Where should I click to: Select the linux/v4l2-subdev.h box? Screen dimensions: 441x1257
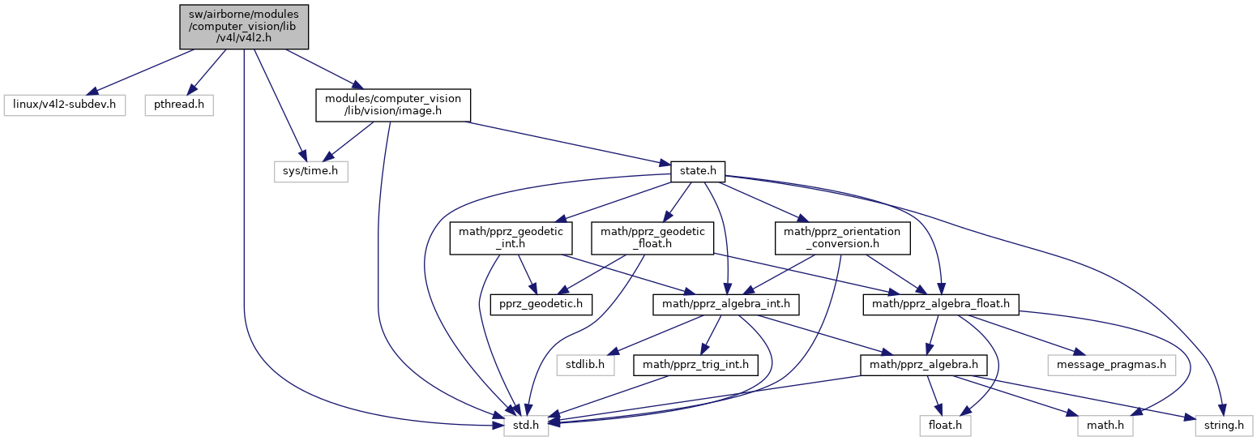point(65,105)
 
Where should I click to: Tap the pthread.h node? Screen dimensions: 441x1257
point(179,105)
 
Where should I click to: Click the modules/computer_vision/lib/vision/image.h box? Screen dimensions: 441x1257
point(392,105)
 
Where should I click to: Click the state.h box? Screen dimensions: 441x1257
point(697,171)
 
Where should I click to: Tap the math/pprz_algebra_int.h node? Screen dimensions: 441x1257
point(727,304)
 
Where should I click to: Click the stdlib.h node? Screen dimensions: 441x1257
point(584,366)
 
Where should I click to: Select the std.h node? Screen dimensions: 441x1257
point(525,423)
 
